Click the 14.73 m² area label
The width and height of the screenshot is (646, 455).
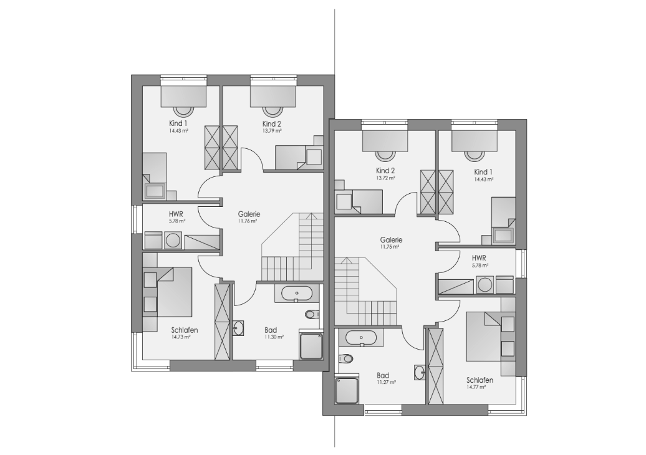point(180,337)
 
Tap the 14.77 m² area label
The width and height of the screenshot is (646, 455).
point(476,387)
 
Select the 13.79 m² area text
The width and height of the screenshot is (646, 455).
point(272,131)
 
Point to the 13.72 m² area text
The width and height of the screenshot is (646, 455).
point(385,178)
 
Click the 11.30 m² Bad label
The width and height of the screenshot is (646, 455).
point(274,337)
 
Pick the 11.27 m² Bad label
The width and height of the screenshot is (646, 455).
point(386,382)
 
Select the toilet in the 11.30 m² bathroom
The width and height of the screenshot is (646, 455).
point(312,314)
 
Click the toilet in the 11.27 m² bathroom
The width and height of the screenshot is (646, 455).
point(345,358)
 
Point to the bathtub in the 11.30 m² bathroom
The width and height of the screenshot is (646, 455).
point(297,293)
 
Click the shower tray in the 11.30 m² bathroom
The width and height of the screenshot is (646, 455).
point(311,346)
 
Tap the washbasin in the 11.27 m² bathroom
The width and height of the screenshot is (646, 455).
point(420,372)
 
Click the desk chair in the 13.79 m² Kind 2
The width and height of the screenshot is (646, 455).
point(271,111)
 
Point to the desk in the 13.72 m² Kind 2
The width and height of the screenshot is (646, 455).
point(385,141)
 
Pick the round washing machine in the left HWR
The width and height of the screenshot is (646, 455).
point(173,240)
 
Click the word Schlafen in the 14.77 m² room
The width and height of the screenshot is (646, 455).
point(480,380)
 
